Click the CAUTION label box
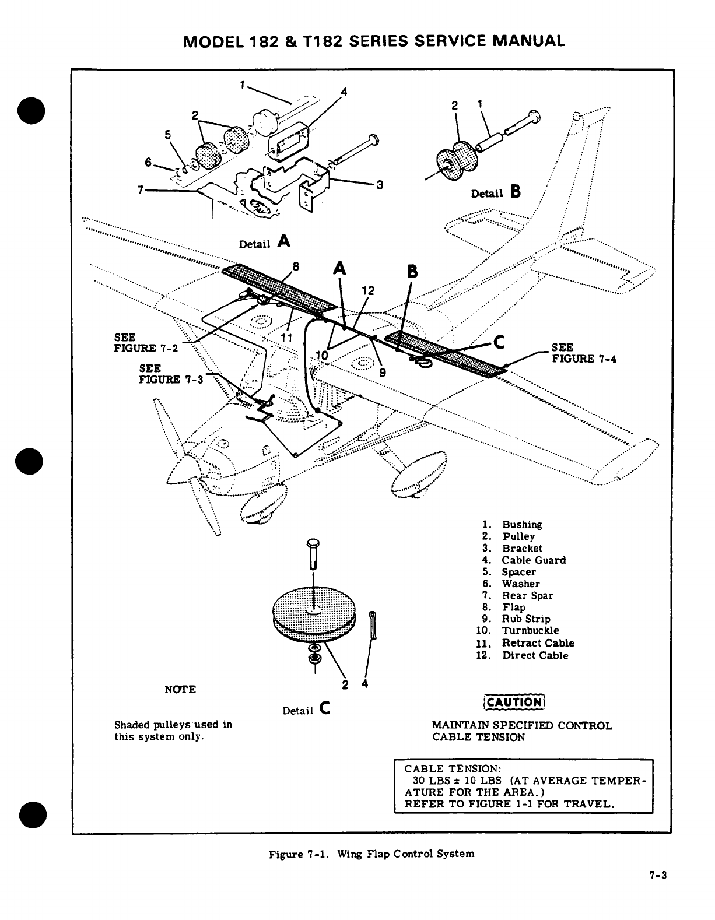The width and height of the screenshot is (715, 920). click(x=514, y=702)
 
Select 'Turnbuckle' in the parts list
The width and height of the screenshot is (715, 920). click(x=530, y=631)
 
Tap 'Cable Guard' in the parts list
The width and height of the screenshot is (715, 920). click(x=533, y=560)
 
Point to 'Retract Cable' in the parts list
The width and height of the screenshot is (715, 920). click(x=538, y=644)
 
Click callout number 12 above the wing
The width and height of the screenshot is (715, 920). click(x=368, y=291)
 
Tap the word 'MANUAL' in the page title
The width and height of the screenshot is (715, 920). click(x=528, y=41)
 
